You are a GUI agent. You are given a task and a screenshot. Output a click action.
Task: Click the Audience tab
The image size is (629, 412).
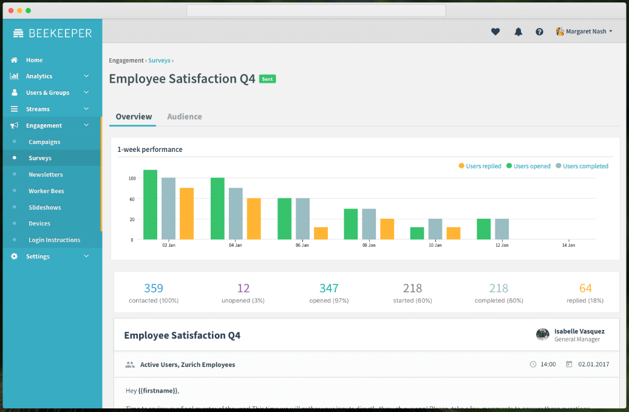point(184,117)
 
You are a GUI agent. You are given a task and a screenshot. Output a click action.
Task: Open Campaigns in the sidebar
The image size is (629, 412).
point(44,142)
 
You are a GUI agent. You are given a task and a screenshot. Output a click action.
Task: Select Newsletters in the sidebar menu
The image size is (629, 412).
point(46,174)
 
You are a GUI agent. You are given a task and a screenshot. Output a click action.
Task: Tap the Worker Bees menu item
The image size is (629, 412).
point(46,191)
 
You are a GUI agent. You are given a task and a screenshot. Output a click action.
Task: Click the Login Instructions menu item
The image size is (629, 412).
point(54,240)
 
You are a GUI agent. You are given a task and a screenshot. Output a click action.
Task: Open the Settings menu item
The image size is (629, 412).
point(38,256)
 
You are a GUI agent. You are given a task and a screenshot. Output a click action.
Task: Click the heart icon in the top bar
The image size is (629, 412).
point(495,32)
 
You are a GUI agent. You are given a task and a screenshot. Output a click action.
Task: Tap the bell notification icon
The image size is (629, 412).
point(518,32)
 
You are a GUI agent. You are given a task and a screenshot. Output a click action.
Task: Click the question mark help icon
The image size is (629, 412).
point(539,32)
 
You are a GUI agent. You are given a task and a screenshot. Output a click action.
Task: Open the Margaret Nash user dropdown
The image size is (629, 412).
point(584,32)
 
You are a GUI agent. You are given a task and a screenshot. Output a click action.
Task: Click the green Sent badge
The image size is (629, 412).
point(267,79)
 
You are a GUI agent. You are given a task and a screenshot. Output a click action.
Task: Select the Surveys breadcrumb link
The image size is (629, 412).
point(159,61)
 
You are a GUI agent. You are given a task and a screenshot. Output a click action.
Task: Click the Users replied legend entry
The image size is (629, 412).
point(480,166)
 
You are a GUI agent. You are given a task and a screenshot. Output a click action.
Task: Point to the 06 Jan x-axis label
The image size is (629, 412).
point(302,245)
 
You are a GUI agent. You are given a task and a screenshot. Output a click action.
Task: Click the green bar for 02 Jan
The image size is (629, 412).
point(150,205)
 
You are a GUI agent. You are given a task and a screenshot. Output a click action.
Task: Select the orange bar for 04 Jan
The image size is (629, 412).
point(254,219)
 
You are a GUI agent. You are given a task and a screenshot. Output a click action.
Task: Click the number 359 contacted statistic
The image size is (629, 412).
point(154,288)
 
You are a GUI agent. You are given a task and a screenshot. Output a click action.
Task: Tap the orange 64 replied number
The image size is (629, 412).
point(585,288)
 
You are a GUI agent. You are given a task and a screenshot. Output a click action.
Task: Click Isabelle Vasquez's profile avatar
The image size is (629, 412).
point(543,335)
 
